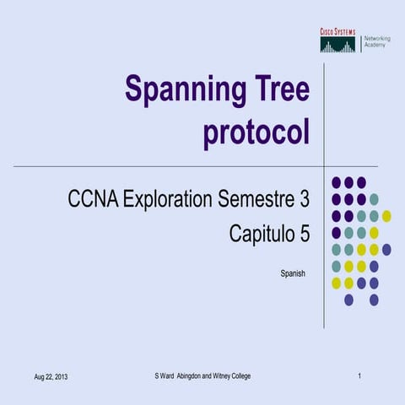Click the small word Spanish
pos(291,274)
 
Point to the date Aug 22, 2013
pos(50,375)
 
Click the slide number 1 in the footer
pos(359,375)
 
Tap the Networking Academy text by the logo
pos(375,41)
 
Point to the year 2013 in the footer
pos(59,375)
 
